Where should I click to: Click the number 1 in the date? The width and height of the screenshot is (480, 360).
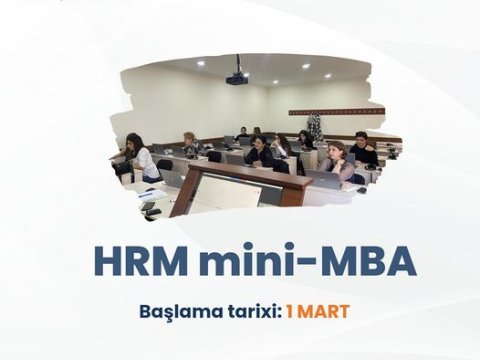290,311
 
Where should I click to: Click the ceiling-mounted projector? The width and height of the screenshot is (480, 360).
236,78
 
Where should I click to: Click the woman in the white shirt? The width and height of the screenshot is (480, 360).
141,157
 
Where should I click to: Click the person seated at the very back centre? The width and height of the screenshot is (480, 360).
242,133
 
